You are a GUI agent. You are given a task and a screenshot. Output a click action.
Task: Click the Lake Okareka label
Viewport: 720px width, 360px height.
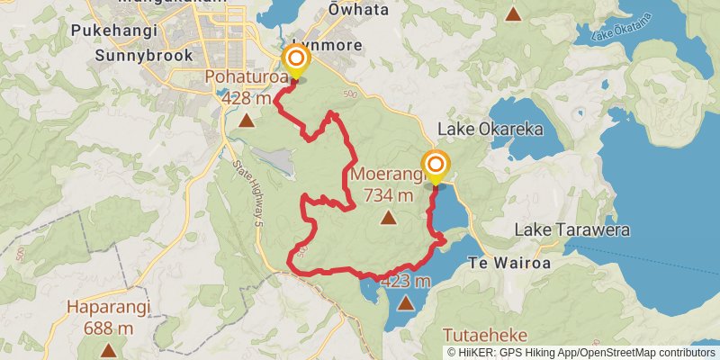pyautogui.click(x=490, y=130)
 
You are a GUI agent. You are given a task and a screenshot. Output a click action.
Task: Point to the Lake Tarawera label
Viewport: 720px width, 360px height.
pyautogui.click(x=563, y=230)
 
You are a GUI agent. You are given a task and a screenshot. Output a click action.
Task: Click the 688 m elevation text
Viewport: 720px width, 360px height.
pyautogui.click(x=108, y=328)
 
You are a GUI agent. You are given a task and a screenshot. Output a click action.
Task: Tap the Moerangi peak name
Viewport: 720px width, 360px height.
pyautogui.click(x=387, y=174)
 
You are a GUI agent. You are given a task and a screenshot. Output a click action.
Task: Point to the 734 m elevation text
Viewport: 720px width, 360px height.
pyautogui.click(x=388, y=194)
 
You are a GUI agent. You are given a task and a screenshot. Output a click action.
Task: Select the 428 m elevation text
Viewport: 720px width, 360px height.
pyautogui.click(x=246, y=97)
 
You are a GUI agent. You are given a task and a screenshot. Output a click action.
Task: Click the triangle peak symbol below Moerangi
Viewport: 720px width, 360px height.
pyautogui.click(x=388, y=217)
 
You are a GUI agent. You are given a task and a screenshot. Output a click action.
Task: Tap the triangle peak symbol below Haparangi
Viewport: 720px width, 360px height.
pyautogui.click(x=108, y=350)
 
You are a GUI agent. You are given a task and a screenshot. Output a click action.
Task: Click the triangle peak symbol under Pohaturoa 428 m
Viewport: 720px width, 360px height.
pyautogui.click(x=246, y=119)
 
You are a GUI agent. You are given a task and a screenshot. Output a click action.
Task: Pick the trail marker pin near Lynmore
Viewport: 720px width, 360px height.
pyautogui.click(x=296, y=62)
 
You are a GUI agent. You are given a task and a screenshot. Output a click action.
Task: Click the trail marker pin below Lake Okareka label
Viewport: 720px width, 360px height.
pyautogui.click(x=436, y=166)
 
